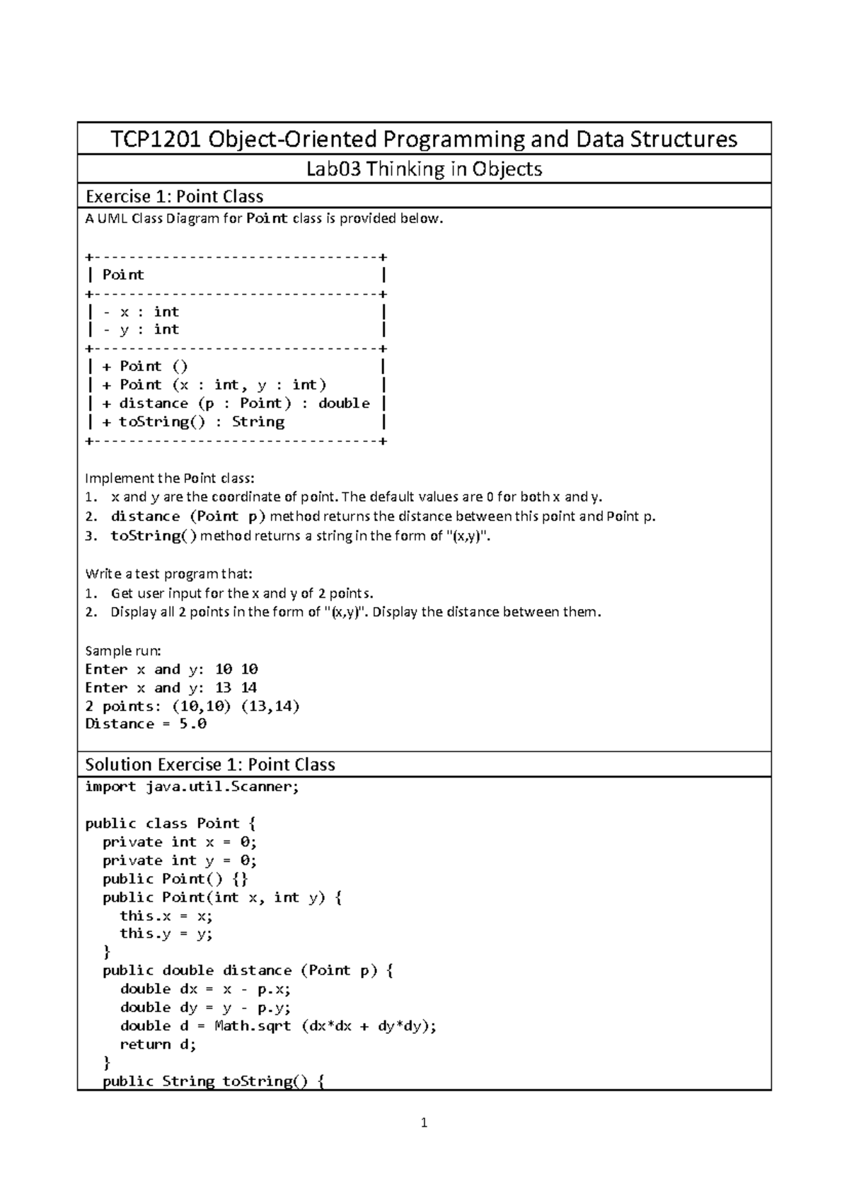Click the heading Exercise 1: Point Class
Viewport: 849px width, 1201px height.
click(174, 196)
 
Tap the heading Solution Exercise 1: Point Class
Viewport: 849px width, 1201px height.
click(209, 764)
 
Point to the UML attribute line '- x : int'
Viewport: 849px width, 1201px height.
click(141, 312)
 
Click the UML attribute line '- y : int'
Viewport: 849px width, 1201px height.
click(141, 329)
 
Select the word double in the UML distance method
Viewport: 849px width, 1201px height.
click(344, 403)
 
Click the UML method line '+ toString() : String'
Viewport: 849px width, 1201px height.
click(193, 421)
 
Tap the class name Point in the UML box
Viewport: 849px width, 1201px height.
click(123, 275)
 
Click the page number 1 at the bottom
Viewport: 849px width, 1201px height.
click(424, 1122)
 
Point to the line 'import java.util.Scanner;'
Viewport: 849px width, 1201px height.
click(192, 786)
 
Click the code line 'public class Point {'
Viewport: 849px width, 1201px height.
click(171, 823)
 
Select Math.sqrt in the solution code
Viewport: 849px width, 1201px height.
click(253, 1025)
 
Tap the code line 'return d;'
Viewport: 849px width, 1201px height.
click(158, 1044)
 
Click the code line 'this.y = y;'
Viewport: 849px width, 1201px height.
click(166, 933)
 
